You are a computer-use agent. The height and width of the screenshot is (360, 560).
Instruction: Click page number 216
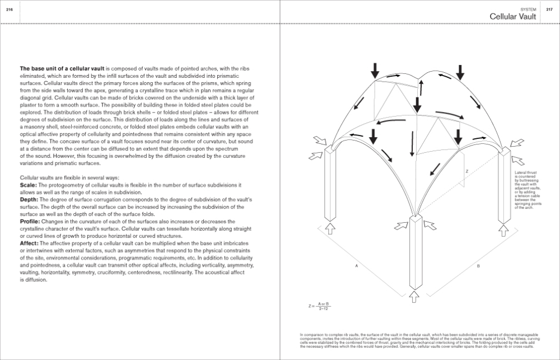(8, 9)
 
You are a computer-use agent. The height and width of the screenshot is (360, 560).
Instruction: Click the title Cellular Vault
(513, 17)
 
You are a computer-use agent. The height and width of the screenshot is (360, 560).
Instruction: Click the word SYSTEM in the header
(528, 10)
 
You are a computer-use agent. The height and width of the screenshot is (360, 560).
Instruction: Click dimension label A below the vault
(357, 267)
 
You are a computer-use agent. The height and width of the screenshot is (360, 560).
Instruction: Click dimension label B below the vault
(478, 267)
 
